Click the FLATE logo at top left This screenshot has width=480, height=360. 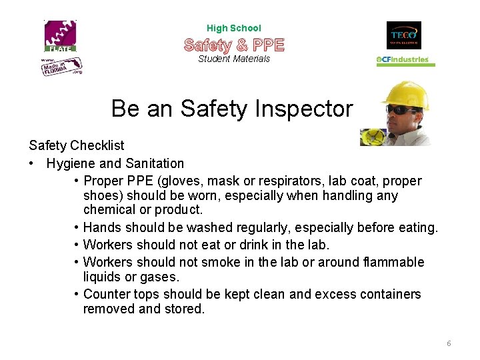(x=61, y=36)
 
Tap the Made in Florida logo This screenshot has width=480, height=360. (x=62, y=66)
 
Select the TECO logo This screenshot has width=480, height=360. (x=404, y=35)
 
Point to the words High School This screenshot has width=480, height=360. (x=234, y=28)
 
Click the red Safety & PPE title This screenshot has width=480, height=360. (x=234, y=45)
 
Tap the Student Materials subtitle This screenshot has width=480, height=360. (x=234, y=59)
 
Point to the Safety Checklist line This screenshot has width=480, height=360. (x=77, y=145)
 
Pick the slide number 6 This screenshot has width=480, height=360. (x=449, y=343)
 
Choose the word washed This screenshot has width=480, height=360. (x=213, y=227)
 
